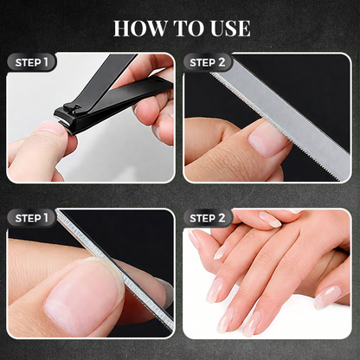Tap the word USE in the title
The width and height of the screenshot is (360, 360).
[228, 29]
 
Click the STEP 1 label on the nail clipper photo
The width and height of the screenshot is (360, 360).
[29, 62]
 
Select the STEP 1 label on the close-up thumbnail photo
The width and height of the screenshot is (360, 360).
[29, 217]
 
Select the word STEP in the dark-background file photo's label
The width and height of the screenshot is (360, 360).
[203, 62]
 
